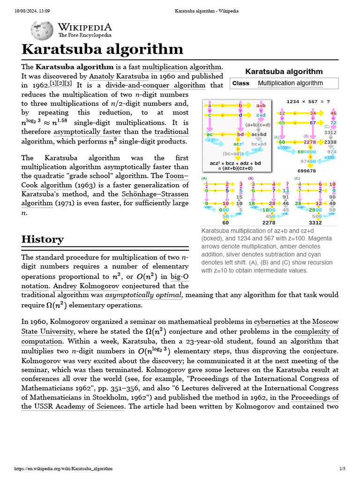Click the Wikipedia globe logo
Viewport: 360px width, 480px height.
pos(42,30)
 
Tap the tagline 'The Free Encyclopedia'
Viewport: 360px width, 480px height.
pos(85,35)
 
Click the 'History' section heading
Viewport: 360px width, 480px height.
pos(43,239)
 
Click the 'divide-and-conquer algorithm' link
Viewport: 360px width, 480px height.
pos(155,85)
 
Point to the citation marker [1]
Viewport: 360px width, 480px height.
pos(53,83)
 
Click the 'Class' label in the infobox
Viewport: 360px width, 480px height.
pos(240,83)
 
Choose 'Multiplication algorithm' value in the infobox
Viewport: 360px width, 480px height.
pos(290,83)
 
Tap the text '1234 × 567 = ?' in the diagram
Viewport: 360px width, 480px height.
pos(308,101)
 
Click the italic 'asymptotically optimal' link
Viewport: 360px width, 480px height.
pos(143,295)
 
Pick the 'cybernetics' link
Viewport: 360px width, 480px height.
pos(272,322)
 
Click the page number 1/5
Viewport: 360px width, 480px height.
pos(342,468)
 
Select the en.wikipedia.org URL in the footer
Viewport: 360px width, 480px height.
pos(63,468)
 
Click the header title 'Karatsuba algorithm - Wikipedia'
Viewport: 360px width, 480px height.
pos(180,10)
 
